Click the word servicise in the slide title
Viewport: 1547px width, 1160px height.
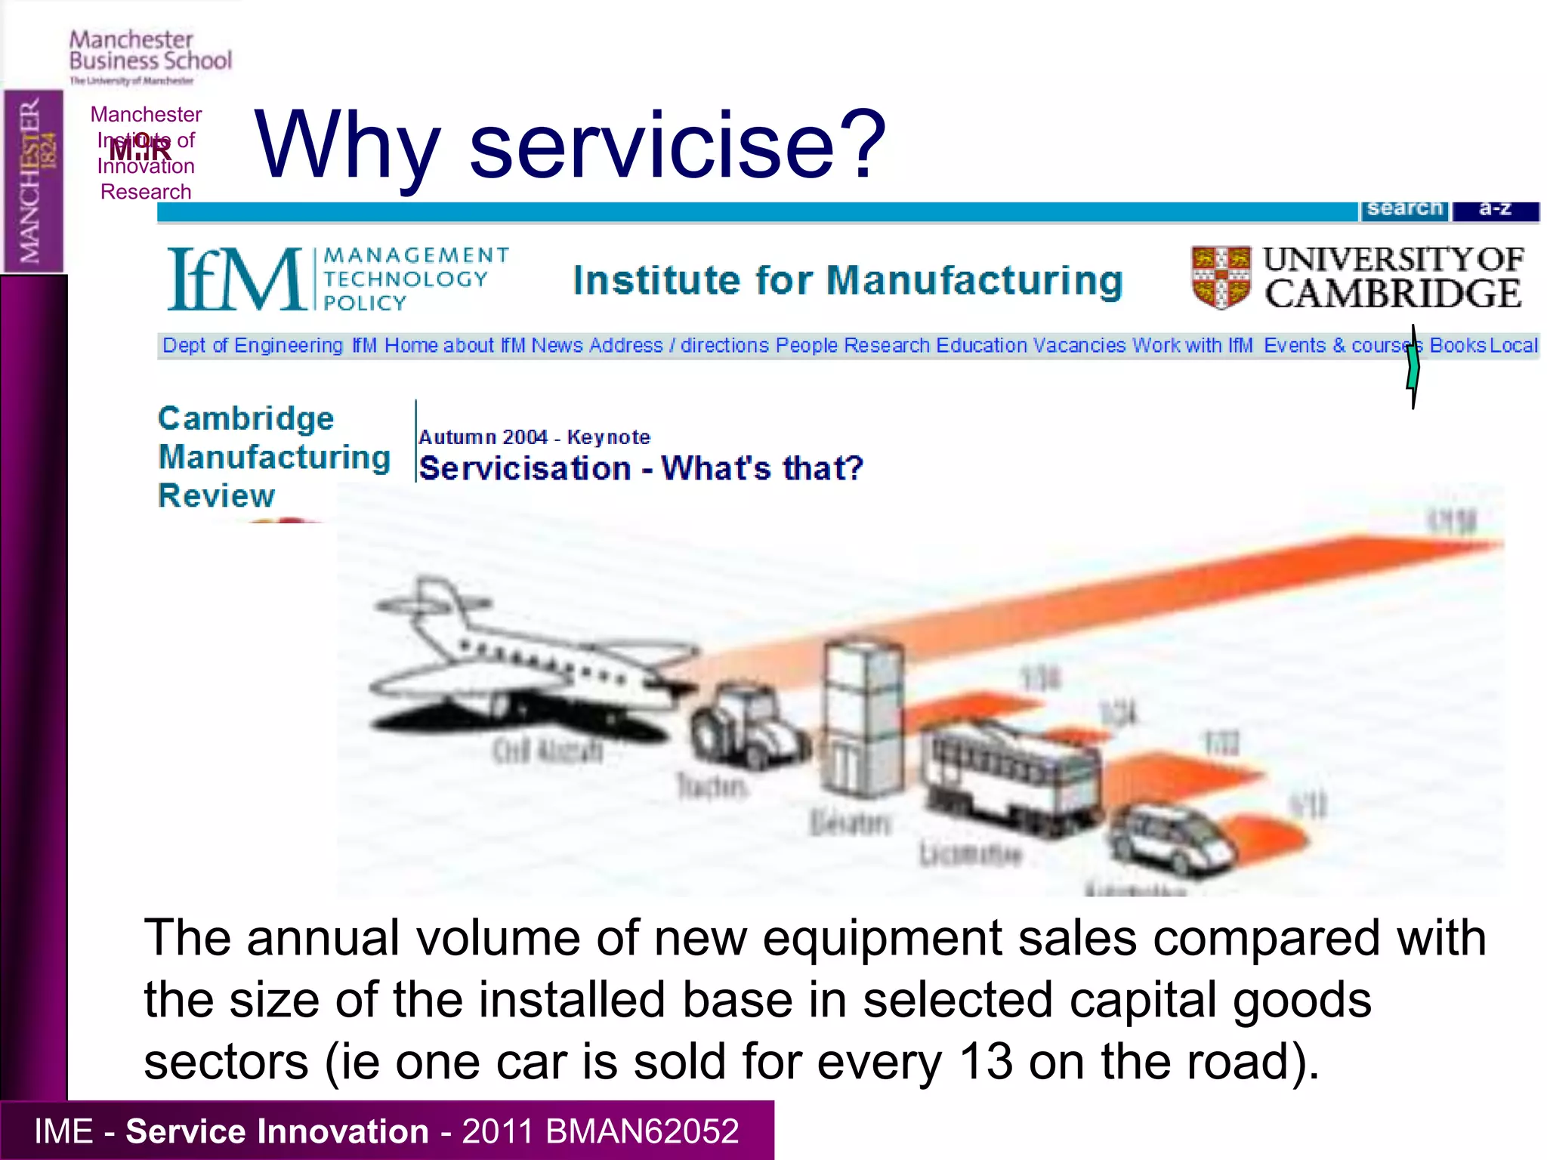[x=654, y=145]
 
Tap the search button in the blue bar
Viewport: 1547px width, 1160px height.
[x=1404, y=209]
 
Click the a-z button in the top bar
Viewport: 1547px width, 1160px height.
[x=1495, y=209]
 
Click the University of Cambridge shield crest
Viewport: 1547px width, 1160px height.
[x=1220, y=277]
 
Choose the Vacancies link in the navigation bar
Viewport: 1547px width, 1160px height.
[x=1079, y=345]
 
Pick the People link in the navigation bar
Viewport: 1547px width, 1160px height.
[x=807, y=345]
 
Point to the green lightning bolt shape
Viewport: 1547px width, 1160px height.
[x=1413, y=367]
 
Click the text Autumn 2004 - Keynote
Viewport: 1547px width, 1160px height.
[x=534, y=437]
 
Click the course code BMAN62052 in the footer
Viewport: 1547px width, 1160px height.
[x=641, y=1131]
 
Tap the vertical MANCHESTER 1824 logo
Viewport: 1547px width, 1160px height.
[x=34, y=181]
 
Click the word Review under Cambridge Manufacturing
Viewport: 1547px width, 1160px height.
[x=217, y=496]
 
